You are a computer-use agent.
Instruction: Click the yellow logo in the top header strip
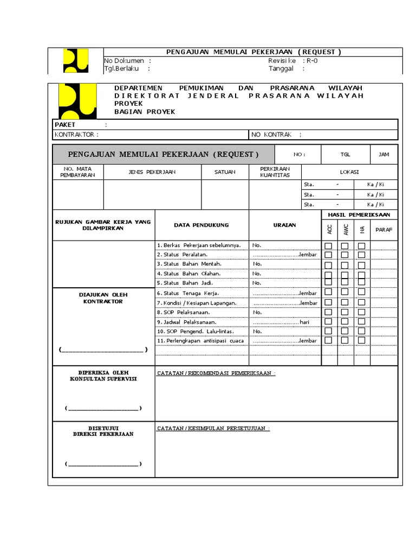pyautogui.click(x=75, y=60)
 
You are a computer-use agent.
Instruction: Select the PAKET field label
pyautogui.click(x=65, y=125)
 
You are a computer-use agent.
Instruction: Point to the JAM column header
pyautogui.click(x=383, y=154)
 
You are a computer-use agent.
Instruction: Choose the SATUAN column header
pyautogui.click(x=225, y=172)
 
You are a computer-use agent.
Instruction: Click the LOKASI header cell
pyautogui.click(x=349, y=172)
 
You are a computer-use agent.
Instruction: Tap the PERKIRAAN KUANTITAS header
pyautogui.click(x=275, y=172)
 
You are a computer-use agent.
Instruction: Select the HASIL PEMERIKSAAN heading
pyautogui.click(x=359, y=215)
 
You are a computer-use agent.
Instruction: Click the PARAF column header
pyautogui.click(x=383, y=230)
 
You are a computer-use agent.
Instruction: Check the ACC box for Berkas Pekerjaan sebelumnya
pyautogui.click(x=328, y=246)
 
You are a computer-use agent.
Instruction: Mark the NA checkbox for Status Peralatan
pyautogui.click(x=361, y=255)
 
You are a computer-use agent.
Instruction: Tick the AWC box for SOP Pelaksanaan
pyautogui.click(x=344, y=312)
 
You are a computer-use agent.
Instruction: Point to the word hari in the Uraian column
pyautogui.click(x=304, y=322)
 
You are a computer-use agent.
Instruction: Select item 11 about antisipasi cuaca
pyautogui.click(x=200, y=340)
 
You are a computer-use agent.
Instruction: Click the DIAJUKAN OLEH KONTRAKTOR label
pyautogui.click(x=103, y=298)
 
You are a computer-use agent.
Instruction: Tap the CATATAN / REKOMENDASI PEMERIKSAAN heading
pyautogui.click(x=216, y=373)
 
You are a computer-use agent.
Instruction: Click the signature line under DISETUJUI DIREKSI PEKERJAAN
pyautogui.click(x=103, y=464)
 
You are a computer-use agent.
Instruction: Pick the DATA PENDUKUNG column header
pyautogui.click(x=201, y=225)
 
